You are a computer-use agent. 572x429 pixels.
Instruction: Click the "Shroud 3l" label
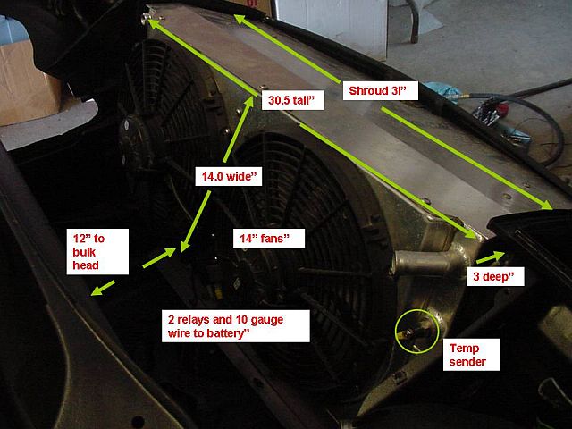[x=381, y=90]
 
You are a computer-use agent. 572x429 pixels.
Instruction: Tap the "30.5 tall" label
[x=294, y=102]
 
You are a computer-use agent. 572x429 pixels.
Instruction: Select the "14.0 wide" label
[x=228, y=177]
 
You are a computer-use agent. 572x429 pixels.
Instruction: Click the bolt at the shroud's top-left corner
[x=149, y=18]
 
